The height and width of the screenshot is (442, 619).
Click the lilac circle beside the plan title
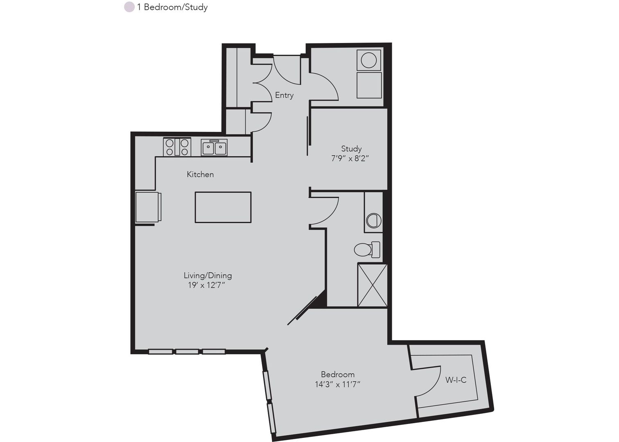129,7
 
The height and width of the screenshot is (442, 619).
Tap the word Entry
284,95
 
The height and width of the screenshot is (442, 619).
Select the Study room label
351,149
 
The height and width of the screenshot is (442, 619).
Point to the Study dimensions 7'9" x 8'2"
350,158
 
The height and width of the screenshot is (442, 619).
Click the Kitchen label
200,174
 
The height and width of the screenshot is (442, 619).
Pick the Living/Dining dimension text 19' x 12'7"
206,285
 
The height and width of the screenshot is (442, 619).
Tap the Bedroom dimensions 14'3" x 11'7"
337,384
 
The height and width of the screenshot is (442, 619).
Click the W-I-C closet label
456,380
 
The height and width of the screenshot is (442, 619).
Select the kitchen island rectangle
223,207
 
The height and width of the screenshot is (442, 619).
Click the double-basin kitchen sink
214,148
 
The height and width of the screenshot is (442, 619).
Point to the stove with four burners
177,147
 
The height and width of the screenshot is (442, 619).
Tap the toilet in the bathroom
367,250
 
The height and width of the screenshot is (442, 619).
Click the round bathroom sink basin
374,221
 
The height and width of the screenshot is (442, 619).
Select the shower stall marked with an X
372,285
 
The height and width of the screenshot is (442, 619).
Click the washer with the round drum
368,60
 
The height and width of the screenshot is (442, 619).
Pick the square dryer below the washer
369,85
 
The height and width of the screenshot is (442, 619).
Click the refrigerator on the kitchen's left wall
148,207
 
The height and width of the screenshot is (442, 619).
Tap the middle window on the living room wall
187,352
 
